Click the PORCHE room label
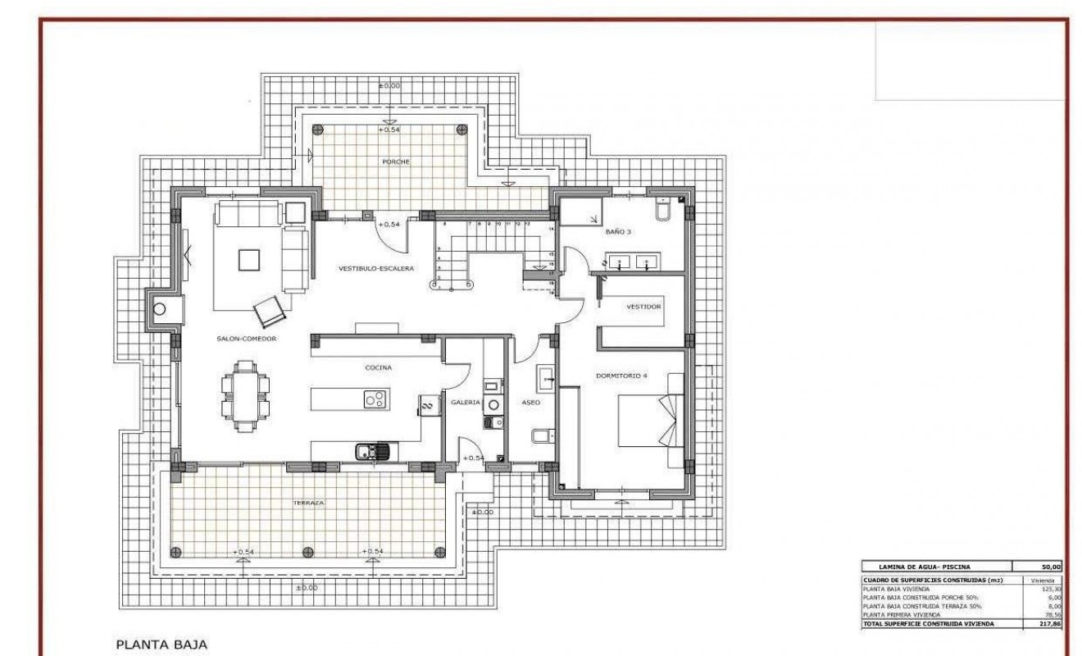click(x=395, y=162)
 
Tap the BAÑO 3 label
click(x=618, y=232)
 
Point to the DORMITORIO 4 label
click(x=621, y=376)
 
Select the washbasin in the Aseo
click(x=547, y=380)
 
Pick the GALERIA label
click(x=464, y=402)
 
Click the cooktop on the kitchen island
click(x=375, y=399)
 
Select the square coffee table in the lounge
click(x=250, y=260)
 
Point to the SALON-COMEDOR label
click(x=246, y=338)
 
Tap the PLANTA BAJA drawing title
click(x=163, y=644)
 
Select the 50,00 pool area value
click(x=1051, y=567)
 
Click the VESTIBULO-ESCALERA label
click(x=376, y=268)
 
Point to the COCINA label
click(x=378, y=368)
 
